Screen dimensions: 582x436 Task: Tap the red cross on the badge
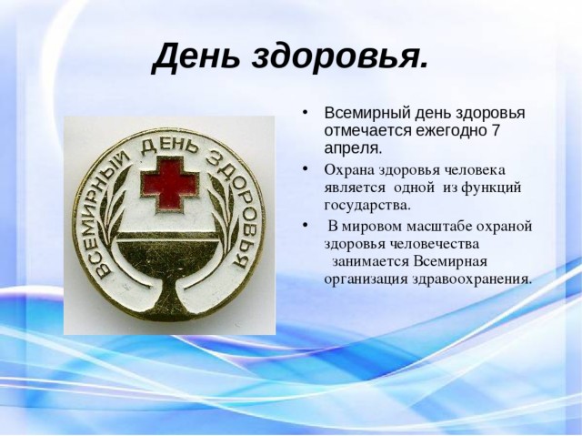[169, 184]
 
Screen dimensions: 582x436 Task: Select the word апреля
[353, 149]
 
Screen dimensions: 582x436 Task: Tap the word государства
[367, 206]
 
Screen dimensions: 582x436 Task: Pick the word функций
[491, 188]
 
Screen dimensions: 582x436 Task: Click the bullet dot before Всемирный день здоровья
[306, 113]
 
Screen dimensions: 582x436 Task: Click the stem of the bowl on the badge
[168, 293]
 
